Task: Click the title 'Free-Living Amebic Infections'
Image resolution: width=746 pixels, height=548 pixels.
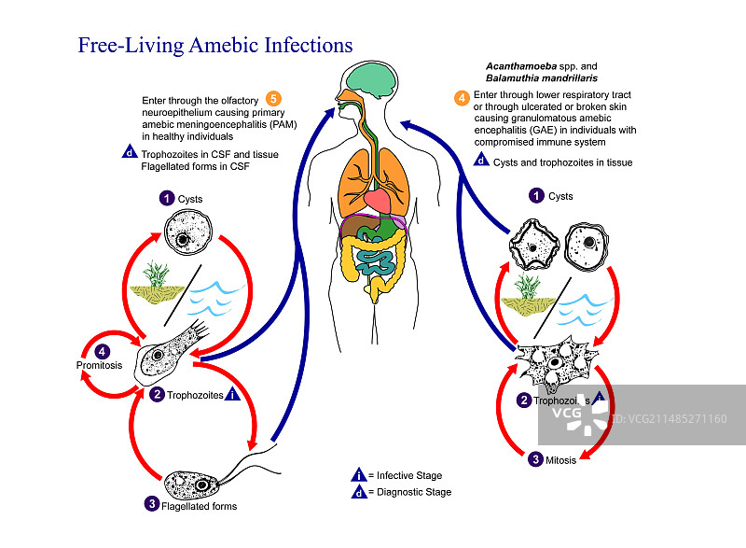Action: click(214, 45)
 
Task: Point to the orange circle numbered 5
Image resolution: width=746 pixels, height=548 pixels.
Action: click(273, 98)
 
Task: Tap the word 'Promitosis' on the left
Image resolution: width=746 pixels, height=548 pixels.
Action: click(98, 364)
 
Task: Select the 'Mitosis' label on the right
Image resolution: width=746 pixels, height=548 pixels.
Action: click(564, 458)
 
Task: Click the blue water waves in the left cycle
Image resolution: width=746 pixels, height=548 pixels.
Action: click(214, 299)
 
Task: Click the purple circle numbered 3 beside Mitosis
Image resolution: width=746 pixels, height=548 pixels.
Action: click(535, 458)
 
